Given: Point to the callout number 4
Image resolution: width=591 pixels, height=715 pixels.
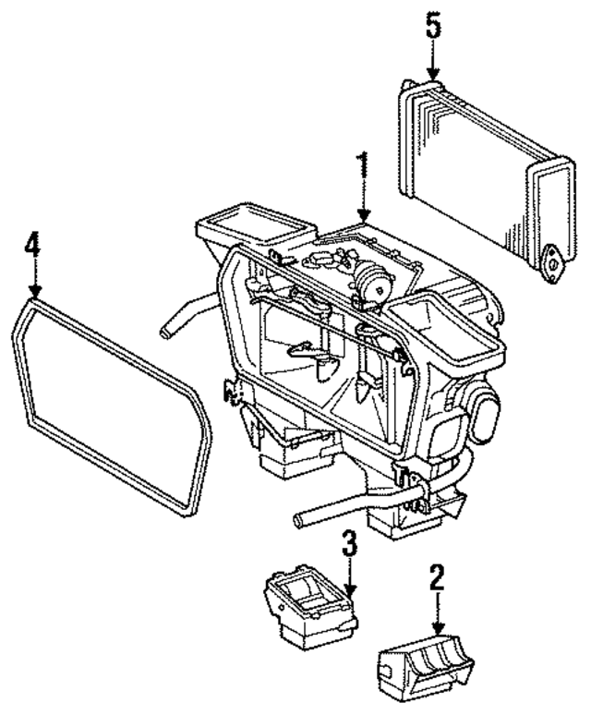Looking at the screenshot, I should (x=33, y=248).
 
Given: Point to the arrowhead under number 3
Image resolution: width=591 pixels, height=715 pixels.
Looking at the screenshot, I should (x=348, y=591).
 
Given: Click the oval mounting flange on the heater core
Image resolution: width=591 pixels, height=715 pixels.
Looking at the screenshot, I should (x=550, y=260).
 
